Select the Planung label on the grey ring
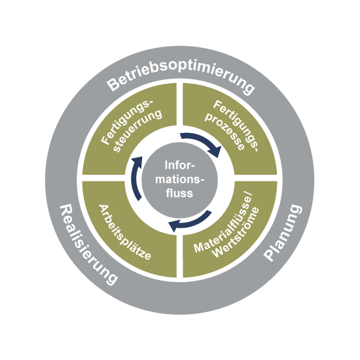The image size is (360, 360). coord(282,232)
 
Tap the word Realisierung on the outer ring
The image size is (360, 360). coord(88,245)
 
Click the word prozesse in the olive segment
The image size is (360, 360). coord(225,132)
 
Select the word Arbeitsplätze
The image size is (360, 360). coord(125,232)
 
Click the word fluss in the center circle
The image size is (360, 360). coord(179,193)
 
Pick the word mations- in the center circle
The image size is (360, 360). coord(179,179)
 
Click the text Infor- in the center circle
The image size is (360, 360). coord(179,165)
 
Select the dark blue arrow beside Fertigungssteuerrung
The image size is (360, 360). coord(135,177)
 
